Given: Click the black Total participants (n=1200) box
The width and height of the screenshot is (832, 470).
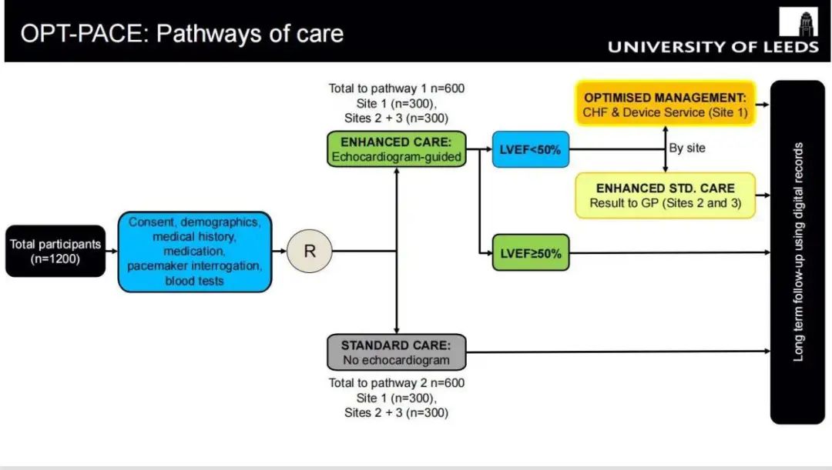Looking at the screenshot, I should (55, 252).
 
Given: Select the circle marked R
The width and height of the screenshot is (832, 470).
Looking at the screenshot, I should (308, 251).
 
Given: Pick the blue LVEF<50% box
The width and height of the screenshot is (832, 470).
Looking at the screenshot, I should (530, 150).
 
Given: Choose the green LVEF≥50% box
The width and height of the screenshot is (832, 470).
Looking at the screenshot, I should (531, 252).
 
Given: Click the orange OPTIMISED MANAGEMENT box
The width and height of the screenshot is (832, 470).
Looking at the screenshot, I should (666, 105).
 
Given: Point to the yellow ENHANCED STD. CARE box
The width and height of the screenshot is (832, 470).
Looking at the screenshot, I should (666, 195).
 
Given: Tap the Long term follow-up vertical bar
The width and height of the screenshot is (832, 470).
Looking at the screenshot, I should (797, 252).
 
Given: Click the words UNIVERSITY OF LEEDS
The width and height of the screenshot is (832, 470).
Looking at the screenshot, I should (713, 47).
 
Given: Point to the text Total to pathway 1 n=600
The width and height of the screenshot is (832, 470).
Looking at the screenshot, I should (397, 88).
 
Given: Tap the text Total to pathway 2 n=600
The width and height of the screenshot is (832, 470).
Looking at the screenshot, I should (397, 383).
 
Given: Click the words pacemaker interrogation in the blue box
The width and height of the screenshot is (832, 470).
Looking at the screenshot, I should (195, 266).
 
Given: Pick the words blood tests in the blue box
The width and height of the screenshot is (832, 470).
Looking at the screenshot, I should (195, 281).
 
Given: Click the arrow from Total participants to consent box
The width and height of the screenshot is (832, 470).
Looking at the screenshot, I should (111, 252).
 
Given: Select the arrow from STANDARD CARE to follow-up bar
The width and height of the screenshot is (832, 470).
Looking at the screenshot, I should (616, 352).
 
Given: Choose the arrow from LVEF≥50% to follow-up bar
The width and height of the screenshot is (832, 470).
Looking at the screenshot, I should (670, 252).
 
